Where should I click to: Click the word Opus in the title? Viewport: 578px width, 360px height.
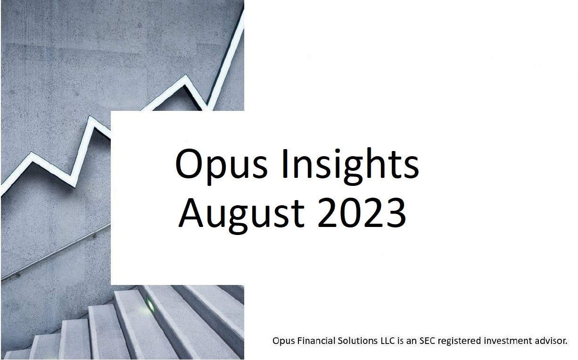coord(221,166)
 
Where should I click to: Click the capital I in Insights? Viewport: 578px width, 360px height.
coord(285,164)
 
